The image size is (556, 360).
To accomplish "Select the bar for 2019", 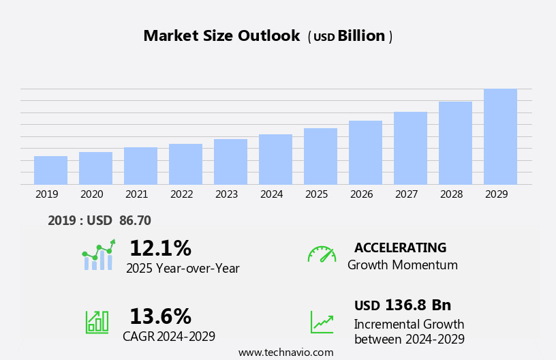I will [x=50, y=170].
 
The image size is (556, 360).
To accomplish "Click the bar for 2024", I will [x=275, y=160].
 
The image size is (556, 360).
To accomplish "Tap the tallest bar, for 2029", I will [x=500, y=136].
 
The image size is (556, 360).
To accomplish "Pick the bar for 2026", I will [x=365, y=153].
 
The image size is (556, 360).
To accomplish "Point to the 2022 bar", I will [x=185, y=164].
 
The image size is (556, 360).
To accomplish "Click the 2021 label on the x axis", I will [x=136, y=194].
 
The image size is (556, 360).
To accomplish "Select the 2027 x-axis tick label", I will [x=406, y=194].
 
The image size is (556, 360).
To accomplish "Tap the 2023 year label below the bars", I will [x=226, y=194].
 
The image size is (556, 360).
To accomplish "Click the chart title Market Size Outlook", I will [x=221, y=36].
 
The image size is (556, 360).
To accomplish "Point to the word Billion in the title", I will [x=361, y=36].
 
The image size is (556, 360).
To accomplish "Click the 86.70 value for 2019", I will [x=135, y=220].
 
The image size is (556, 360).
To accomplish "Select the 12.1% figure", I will [x=160, y=248].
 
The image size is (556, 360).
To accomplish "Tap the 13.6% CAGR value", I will [x=160, y=316].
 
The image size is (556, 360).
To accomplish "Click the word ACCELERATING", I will [x=400, y=247].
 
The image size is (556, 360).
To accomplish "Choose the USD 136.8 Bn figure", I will [x=402, y=305].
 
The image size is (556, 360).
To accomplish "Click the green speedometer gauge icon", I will [x=322, y=254].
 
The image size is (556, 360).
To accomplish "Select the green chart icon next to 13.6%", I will [x=97, y=321].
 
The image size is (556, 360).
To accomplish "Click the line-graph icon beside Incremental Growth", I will [x=322, y=322].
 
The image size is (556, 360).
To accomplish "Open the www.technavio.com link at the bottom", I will [x=285, y=352].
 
